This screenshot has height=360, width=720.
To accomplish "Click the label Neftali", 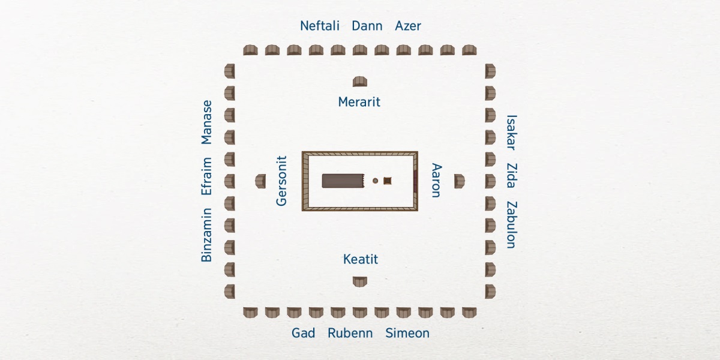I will (x=320, y=26).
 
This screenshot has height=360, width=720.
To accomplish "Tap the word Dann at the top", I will (x=367, y=26).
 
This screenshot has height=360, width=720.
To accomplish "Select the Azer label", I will (x=408, y=26).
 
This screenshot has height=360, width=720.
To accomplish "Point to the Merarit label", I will (x=359, y=102).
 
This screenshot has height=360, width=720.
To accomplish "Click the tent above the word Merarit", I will (x=360, y=82).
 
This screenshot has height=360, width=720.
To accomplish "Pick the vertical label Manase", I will (x=206, y=122).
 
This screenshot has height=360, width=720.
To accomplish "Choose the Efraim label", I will (x=206, y=176).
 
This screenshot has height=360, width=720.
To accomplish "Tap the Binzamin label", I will (x=206, y=235).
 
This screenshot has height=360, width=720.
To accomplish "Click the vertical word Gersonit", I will (x=282, y=181).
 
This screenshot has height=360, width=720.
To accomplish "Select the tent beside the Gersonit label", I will (x=260, y=181).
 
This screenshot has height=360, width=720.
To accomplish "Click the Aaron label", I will (x=436, y=180).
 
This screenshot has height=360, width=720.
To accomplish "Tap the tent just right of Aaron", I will (x=459, y=180).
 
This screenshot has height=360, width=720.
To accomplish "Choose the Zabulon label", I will (x=511, y=224).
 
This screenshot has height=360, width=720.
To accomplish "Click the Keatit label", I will (x=361, y=260).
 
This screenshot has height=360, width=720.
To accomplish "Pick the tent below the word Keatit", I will (x=360, y=281).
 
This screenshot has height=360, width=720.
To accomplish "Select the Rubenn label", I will (x=350, y=333).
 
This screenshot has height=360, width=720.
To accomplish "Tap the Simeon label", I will (x=407, y=333).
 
